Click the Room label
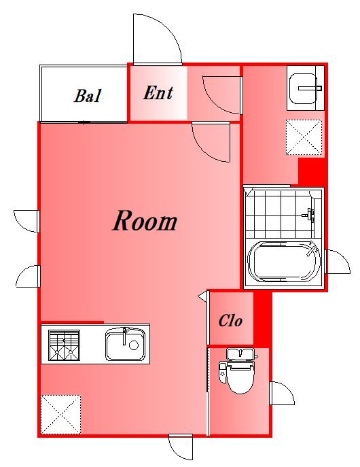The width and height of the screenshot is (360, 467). (x=145, y=221)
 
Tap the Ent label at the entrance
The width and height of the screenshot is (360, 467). (x=158, y=93)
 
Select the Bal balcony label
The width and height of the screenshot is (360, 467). (x=88, y=96)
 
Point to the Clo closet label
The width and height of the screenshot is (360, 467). (x=230, y=321)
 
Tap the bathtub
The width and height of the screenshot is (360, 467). (x=283, y=262)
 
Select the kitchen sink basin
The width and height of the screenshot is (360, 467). (x=125, y=344)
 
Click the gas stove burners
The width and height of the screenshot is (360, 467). (x=65, y=345)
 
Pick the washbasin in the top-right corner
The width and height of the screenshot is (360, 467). (x=303, y=88)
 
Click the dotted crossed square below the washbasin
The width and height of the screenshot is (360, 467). (x=304, y=137)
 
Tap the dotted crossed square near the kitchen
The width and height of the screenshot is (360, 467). (x=60, y=414)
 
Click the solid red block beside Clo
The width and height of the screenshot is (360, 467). (x=262, y=319)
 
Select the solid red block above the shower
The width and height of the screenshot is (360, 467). (x=311, y=171)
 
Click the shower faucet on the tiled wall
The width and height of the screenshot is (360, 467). (x=310, y=214)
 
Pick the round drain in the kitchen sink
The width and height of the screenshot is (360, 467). (x=134, y=345)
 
